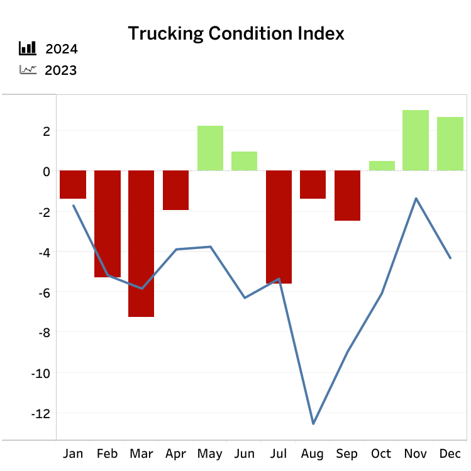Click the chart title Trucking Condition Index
236,33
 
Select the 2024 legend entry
61,50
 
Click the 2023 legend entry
61,70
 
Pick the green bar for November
416,140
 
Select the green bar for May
210,148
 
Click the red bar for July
279,227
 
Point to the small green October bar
382,166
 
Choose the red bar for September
347,196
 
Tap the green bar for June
244,161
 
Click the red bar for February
107,224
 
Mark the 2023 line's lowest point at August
313,423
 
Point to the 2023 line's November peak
416,199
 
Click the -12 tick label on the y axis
40,413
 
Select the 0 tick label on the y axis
45,171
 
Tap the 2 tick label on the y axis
45,131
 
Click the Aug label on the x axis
313,454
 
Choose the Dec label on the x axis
450,454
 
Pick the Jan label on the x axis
73,454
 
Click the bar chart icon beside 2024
28,49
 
